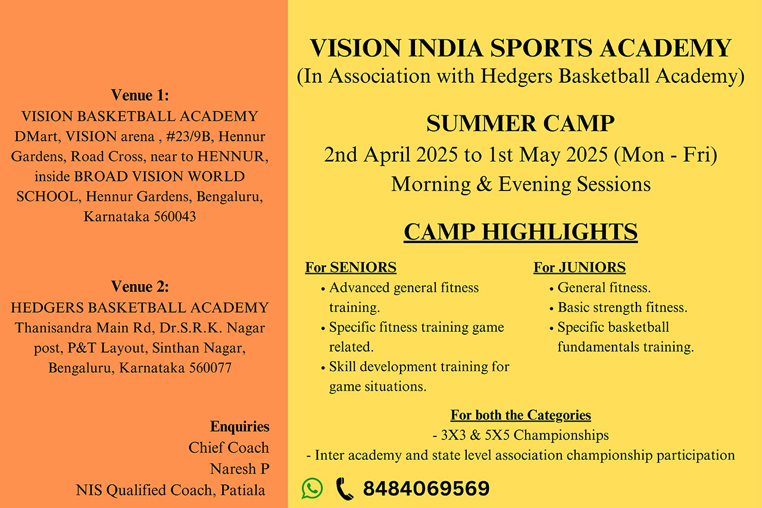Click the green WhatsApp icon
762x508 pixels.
coord(312,488)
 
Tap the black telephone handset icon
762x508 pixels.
coord(345,488)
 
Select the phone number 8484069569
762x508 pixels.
coord(426,488)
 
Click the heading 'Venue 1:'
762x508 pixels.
coord(140,95)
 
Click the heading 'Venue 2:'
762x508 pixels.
coord(140,286)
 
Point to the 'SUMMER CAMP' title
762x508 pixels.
coord(520,123)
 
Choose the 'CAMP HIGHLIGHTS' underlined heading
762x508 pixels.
coord(520,232)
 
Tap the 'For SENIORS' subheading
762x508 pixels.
coord(351,267)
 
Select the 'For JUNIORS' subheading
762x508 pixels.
coord(579,267)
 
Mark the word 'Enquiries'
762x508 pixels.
coord(239,426)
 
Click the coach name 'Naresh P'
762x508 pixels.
coord(239,469)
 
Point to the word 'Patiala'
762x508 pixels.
coord(242,490)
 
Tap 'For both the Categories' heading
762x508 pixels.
coord(521,415)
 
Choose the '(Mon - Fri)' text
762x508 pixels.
coord(666,155)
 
